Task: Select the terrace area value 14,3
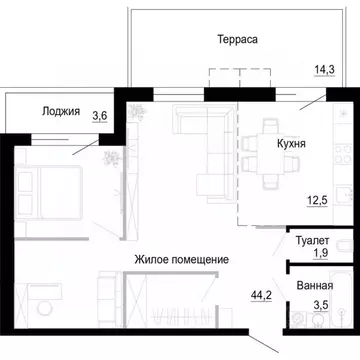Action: (324, 69)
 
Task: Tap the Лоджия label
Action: (60, 111)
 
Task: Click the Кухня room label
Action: (291, 143)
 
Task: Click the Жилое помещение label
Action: (182, 259)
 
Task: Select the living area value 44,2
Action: (260, 295)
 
